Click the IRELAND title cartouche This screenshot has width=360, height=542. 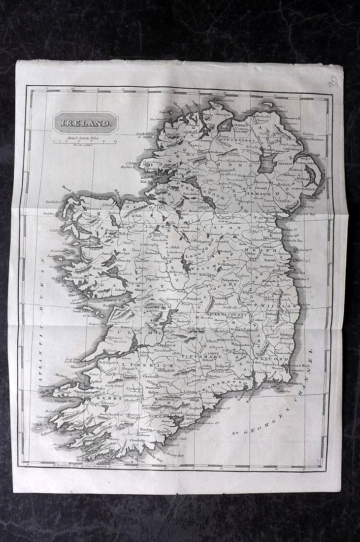click(x=85, y=122)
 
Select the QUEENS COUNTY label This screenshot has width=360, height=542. click(x=227, y=313)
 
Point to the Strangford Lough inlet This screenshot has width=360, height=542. click(x=312, y=175)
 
